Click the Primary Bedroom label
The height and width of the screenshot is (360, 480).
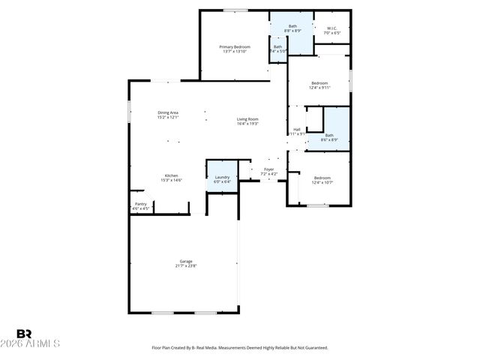click(x=235, y=47)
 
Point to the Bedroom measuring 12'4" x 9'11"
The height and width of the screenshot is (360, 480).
click(x=319, y=83)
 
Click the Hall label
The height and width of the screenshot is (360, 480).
click(x=297, y=129)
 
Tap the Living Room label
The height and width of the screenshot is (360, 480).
click(x=247, y=118)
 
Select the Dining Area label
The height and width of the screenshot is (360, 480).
click(x=168, y=113)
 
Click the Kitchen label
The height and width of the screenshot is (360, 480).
click(x=172, y=175)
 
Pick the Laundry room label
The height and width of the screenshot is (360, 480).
click(x=222, y=177)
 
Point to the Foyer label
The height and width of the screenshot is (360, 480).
click(x=268, y=169)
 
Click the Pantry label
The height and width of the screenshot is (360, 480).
click(x=141, y=204)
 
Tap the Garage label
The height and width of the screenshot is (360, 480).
click(x=185, y=261)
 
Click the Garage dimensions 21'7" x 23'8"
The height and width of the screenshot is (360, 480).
click(x=185, y=265)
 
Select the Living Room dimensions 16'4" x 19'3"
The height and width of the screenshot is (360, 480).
click(x=247, y=124)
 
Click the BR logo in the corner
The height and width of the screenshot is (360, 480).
click(x=24, y=334)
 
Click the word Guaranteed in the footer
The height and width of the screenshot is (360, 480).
click(x=315, y=347)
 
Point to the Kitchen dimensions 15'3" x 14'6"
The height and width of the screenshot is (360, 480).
click(x=172, y=181)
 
